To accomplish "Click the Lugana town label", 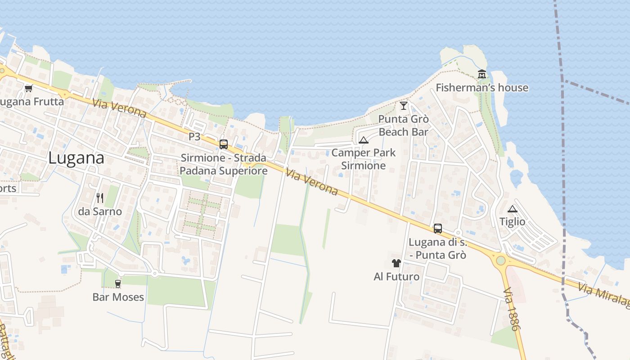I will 76,158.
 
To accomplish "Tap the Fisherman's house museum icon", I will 482,74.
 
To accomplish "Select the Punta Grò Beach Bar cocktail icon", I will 403,106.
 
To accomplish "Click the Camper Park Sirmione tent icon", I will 364,139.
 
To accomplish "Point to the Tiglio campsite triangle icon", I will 512,209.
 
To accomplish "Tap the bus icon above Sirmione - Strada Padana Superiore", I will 223,144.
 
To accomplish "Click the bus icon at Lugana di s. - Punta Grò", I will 438,228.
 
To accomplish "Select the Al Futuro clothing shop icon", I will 396,263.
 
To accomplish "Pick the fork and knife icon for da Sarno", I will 100,198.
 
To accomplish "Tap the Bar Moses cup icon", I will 118,283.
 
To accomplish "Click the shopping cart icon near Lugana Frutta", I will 29,88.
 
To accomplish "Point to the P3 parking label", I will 194,136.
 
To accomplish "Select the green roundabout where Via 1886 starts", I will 500,261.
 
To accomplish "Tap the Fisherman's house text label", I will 482,87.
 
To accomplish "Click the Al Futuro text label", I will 396,276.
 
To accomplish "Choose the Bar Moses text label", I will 118,297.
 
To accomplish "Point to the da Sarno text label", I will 100,211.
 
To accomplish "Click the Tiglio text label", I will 513,221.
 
